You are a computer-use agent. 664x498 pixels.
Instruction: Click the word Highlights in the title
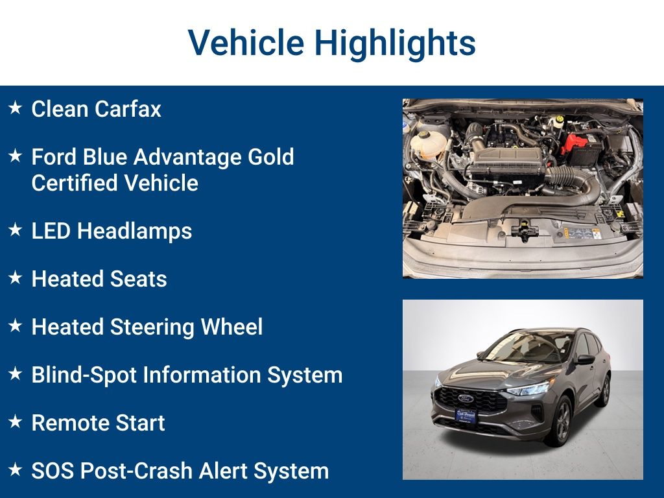[x=395, y=43]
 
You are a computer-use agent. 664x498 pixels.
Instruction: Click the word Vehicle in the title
[x=246, y=42]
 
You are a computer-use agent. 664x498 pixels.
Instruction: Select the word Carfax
[x=128, y=109]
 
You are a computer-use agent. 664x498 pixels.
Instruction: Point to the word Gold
[x=270, y=157]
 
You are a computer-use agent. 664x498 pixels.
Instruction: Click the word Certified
[x=75, y=183]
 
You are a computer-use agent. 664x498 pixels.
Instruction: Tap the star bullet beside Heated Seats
[x=16, y=278]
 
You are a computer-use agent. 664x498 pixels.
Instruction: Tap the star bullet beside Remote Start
[x=16, y=421]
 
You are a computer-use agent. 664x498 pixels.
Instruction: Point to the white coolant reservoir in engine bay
[x=428, y=144]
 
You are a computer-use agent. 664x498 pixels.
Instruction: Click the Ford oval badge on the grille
[x=466, y=399]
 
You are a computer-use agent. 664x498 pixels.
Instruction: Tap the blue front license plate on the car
[x=466, y=416]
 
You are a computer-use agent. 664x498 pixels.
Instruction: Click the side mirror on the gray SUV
[x=585, y=359]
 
